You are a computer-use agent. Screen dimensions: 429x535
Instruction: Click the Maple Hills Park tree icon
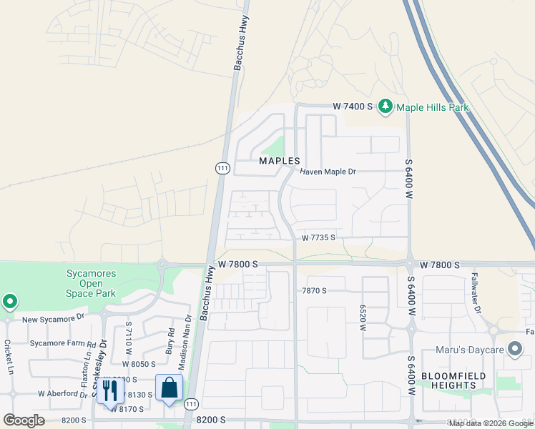point(386,107)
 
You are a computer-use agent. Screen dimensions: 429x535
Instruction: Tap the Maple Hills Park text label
point(433,107)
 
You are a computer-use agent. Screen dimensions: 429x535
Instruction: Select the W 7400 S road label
point(353,107)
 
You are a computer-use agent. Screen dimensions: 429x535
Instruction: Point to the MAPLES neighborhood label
point(279,161)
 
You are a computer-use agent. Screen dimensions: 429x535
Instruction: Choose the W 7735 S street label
point(318,237)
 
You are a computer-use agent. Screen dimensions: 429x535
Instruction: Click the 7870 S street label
point(314,291)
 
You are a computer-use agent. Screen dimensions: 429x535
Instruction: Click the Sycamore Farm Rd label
point(62,343)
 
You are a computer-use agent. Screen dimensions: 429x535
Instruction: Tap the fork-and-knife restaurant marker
point(110,390)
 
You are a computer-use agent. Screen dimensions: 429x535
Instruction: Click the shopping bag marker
point(170,388)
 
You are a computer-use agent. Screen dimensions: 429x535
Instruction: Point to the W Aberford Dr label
point(62,394)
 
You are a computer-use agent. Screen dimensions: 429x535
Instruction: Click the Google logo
point(24,420)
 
